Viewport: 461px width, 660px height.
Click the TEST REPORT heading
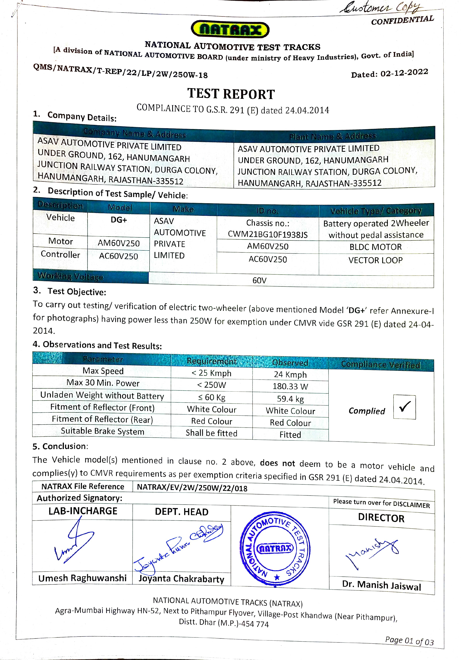click(x=231, y=94)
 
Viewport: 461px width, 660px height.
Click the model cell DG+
click(x=119, y=220)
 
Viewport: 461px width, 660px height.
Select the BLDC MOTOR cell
click(x=376, y=247)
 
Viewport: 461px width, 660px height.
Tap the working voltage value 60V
click(x=259, y=280)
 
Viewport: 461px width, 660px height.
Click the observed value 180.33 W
click(x=290, y=386)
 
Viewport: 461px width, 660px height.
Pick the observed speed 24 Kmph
click(x=290, y=375)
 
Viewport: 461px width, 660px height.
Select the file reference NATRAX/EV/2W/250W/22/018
click(x=192, y=488)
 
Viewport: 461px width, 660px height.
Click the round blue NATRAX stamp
click(x=275, y=548)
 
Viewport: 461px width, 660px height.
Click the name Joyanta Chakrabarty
click(x=181, y=579)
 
